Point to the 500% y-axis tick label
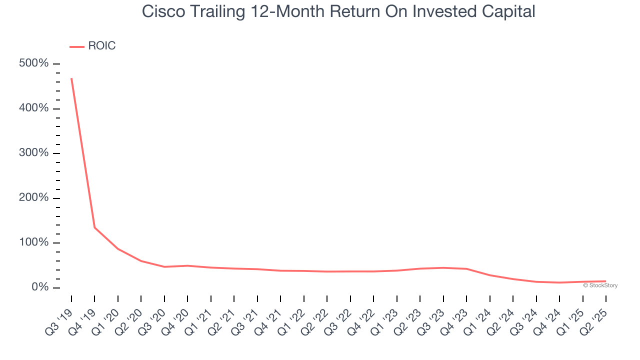(x=34, y=63)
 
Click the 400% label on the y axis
(x=34, y=108)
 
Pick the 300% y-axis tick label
(x=34, y=153)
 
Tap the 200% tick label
(x=34, y=198)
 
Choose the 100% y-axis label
(x=34, y=242)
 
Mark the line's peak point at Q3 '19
(x=71, y=78)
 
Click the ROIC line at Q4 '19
(x=94, y=227)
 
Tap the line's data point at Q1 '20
(x=118, y=248)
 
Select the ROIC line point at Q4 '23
(x=466, y=268)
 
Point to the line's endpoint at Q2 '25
(x=605, y=281)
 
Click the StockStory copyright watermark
(x=600, y=285)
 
